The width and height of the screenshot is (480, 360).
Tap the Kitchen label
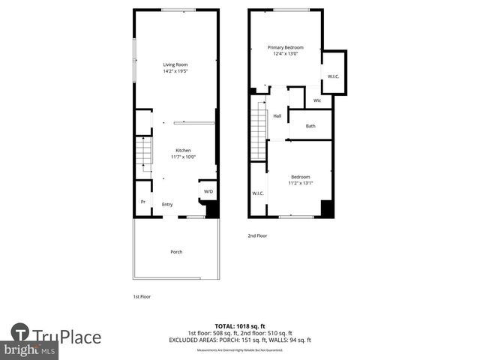point(184,149)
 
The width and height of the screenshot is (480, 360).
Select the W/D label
point(208,191)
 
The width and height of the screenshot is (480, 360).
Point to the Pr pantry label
point(142,202)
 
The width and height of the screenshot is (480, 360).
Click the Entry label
point(167,204)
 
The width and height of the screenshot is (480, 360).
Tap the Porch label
point(176,251)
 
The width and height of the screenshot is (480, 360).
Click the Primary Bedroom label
point(286,47)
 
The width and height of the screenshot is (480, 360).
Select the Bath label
point(310,126)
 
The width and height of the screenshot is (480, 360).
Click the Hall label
point(277,116)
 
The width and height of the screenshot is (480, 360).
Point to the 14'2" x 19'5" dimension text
point(175,71)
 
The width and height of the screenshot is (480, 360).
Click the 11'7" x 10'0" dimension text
point(184,157)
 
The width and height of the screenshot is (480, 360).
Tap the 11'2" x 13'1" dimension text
point(300,183)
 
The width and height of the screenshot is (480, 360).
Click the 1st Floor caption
point(142,296)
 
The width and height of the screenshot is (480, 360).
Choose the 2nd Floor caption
point(257,235)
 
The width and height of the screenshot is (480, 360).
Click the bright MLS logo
point(30,350)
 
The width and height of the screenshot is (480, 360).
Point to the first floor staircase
point(144,154)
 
